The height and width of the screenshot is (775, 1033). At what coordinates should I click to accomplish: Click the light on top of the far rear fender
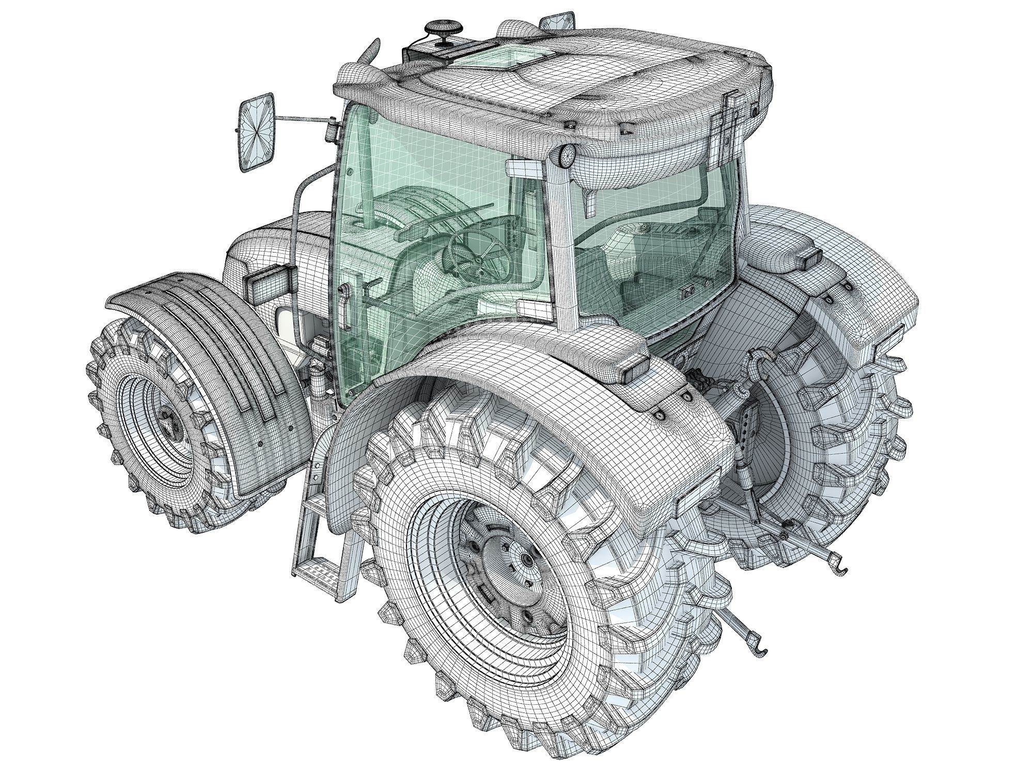click(x=807, y=257)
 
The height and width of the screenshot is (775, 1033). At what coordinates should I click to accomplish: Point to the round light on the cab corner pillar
click(x=566, y=155)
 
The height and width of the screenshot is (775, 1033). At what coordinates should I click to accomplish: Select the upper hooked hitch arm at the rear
click(x=826, y=563)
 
